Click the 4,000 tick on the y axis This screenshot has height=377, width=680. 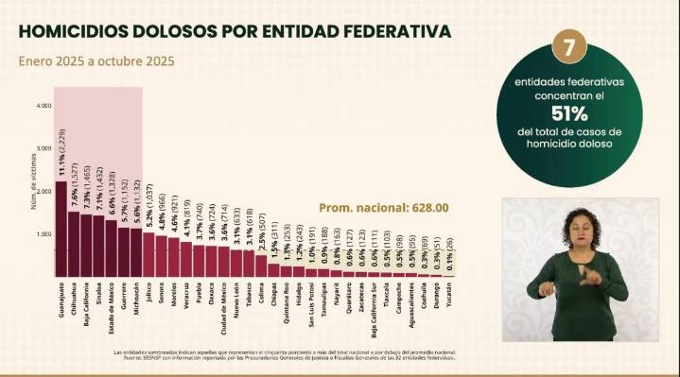click(44, 106)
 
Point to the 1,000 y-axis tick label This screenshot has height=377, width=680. click(44, 233)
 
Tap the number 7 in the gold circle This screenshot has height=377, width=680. click(570, 46)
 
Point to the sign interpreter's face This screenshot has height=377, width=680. click(577, 227)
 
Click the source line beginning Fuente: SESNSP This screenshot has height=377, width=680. click(284, 357)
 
